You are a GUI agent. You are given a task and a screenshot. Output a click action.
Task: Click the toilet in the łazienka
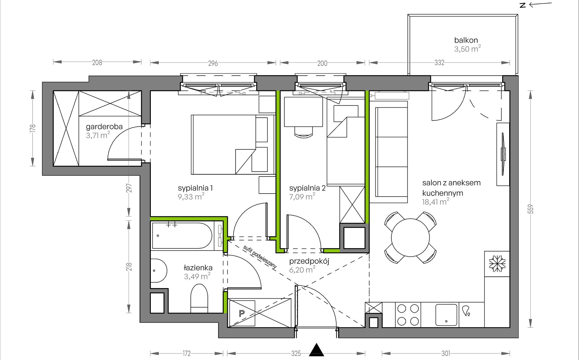pyautogui.click(x=199, y=299)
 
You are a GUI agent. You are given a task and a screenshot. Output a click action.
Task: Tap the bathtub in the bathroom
pyautogui.click(x=182, y=235)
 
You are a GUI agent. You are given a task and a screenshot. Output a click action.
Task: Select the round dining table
pyautogui.click(x=410, y=237)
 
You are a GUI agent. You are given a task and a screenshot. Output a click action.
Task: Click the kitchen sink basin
pyautogui.click(x=446, y=315)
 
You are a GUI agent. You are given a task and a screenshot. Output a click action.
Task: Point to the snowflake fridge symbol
pyautogui.click(x=497, y=263)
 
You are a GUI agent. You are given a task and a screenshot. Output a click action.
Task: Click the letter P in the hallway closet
pyautogui.click(x=242, y=313)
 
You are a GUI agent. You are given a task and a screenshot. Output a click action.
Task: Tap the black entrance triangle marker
pyautogui.click(x=317, y=350)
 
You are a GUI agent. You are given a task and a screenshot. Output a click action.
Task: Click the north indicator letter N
pyautogui.click(x=523, y=5)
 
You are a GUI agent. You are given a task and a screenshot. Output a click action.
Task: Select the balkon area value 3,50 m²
pyautogui.click(x=467, y=49)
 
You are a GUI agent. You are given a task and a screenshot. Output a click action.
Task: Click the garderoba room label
pyautogui.click(x=104, y=127)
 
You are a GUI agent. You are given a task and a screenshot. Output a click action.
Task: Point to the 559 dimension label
pyautogui.click(x=531, y=209)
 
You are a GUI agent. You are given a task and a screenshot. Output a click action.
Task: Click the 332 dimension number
pyautogui.click(x=439, y=62)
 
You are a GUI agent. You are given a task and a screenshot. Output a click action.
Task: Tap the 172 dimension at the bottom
pyautogui.click(x=186, y=353)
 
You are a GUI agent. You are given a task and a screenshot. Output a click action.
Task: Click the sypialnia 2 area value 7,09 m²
pyautogui.click(x=302, y=197)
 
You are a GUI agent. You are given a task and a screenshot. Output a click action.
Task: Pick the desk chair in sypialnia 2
pyautogui.click(x=304, y=132)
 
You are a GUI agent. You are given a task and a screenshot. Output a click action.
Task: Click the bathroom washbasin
pyautogui.click(x=159, y=271)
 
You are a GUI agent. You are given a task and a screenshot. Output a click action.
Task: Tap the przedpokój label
pyautogui.click(x=309, y=261)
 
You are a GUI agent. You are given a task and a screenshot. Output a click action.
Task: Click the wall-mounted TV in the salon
pyautogui.click(x=503, y=154)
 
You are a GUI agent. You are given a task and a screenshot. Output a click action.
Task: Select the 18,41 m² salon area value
pyautogui.click(x=435, y=201)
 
